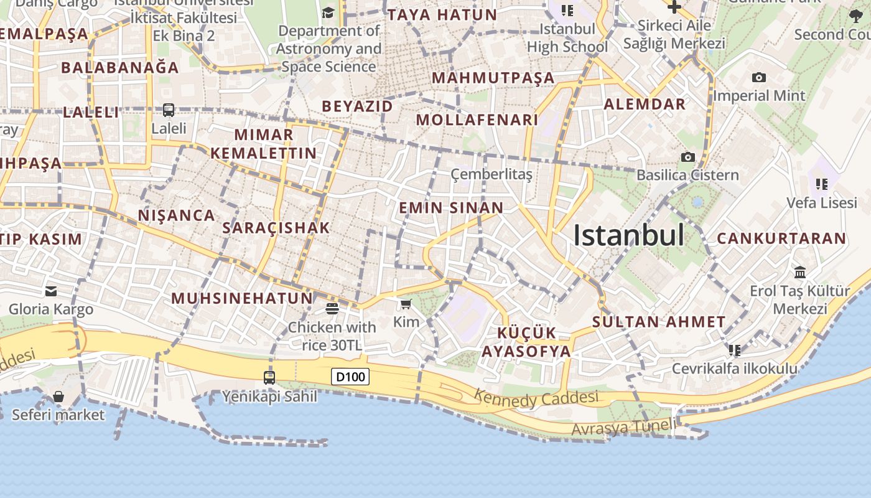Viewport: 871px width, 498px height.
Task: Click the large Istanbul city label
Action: point(628,235)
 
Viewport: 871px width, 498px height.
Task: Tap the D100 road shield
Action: point(350,376)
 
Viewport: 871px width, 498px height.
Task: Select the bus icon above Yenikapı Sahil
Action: point(269,377)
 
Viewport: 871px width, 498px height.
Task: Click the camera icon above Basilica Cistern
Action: point(687,157)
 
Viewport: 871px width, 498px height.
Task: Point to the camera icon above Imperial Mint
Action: point(758,78)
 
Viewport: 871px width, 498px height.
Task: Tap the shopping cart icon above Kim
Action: point(406,304)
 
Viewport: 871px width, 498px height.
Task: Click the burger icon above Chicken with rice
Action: point(332,308)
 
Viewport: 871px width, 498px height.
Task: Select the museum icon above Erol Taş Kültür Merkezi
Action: point(800,273)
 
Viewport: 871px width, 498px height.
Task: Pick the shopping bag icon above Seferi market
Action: point(58,397)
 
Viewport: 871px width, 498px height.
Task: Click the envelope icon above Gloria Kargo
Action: point(51,291)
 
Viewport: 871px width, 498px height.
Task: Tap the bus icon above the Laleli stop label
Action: point(169,110)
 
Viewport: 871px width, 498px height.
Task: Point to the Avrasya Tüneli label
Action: point(623,428)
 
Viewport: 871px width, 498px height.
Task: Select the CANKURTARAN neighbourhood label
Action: point(781,238)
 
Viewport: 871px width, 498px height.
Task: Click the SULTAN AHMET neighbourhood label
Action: point(659,322)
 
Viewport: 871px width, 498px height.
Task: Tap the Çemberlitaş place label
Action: point(491,174)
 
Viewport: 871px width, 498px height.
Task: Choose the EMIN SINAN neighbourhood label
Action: point(451,207)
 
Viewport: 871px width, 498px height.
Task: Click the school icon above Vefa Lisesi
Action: point(821,184)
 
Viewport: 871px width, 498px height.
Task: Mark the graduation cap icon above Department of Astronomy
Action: point(328,12)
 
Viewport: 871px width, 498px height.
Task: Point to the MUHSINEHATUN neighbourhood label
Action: point(242,298)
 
